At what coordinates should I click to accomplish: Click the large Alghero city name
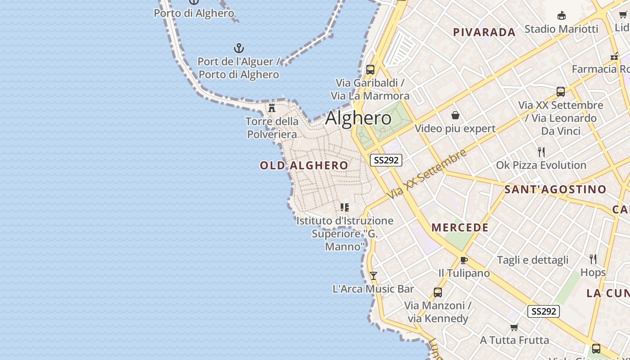point(358,118)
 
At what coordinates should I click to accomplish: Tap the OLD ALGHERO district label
point(304,166)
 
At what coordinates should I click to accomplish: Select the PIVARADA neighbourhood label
point(484,32)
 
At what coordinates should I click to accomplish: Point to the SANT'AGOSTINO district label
point(555,189)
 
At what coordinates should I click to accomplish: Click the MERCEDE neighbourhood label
point(460,228)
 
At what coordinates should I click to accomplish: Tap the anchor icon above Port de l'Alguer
point(238,48)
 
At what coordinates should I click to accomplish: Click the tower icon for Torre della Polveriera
point(272,108)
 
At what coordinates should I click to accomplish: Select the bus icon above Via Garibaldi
point(370,70)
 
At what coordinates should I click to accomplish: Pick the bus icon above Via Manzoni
point(437,292)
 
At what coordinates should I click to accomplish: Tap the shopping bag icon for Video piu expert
point(455,116)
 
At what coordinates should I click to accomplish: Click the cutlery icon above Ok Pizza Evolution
point(541,152)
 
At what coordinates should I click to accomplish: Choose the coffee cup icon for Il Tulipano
point(464,260)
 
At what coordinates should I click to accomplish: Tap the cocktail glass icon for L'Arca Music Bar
point(373,276)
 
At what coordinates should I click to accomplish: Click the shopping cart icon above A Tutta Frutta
point(514,327)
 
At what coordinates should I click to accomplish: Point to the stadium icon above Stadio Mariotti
point(562,16)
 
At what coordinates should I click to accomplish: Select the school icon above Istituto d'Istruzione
point(345,207)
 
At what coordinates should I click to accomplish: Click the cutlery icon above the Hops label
point(593,259)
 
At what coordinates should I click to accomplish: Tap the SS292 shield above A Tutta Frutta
point(544,311)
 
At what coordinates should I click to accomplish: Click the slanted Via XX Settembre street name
point(427,175)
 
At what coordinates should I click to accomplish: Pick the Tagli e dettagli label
point(533,260)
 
